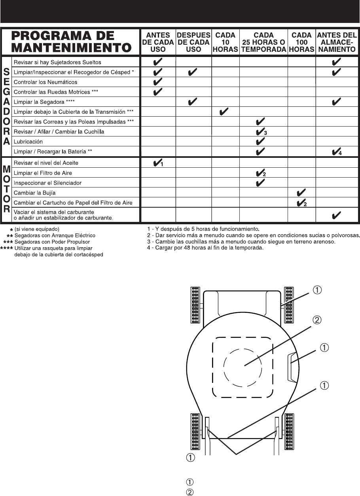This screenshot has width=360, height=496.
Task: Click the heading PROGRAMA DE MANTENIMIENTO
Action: click(71, 42)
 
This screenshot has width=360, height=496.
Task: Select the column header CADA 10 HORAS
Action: click(225, 42)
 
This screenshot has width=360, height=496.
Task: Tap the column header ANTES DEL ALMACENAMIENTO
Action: click(337, 42)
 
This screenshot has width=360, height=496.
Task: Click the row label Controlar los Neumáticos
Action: click(45, 82)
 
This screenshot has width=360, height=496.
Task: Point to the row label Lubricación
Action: click(28, 142)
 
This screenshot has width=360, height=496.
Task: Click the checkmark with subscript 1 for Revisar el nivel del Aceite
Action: click(158, 163)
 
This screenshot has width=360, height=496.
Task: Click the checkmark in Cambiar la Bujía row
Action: click(301, 193)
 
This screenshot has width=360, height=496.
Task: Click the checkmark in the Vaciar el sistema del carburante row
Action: click(337, 216)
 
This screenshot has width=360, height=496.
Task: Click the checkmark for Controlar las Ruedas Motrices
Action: click(157, 92)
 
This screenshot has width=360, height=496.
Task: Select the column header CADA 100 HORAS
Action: click(301, 42)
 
